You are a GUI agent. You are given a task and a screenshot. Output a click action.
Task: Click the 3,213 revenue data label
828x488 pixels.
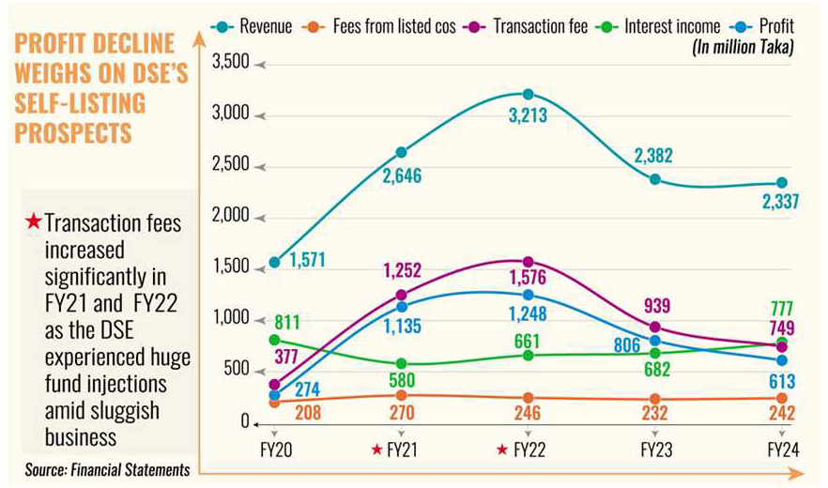pos(529,115)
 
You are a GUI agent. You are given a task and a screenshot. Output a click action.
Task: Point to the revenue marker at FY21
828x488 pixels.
pos(402,152)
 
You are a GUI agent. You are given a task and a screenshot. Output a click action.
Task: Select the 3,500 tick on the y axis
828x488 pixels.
pos(232,63)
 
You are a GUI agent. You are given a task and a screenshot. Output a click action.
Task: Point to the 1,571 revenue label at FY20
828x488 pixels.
pos(307,260)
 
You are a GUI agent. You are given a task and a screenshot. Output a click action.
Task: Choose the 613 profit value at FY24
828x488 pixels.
pos(779,381)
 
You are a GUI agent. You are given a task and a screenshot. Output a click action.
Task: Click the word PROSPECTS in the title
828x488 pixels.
pos(73,132)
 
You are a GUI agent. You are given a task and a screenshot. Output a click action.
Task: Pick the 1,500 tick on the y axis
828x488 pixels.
pos(232,268)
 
